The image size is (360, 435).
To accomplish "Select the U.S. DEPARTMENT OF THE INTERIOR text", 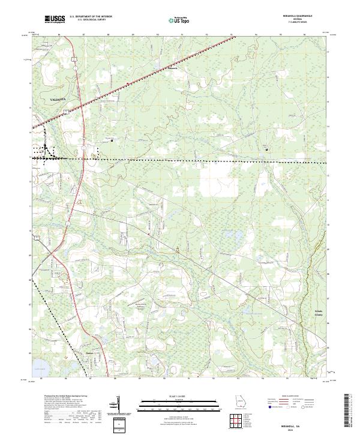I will pos(91,17).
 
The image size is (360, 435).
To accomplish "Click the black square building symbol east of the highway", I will pos(112,142).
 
